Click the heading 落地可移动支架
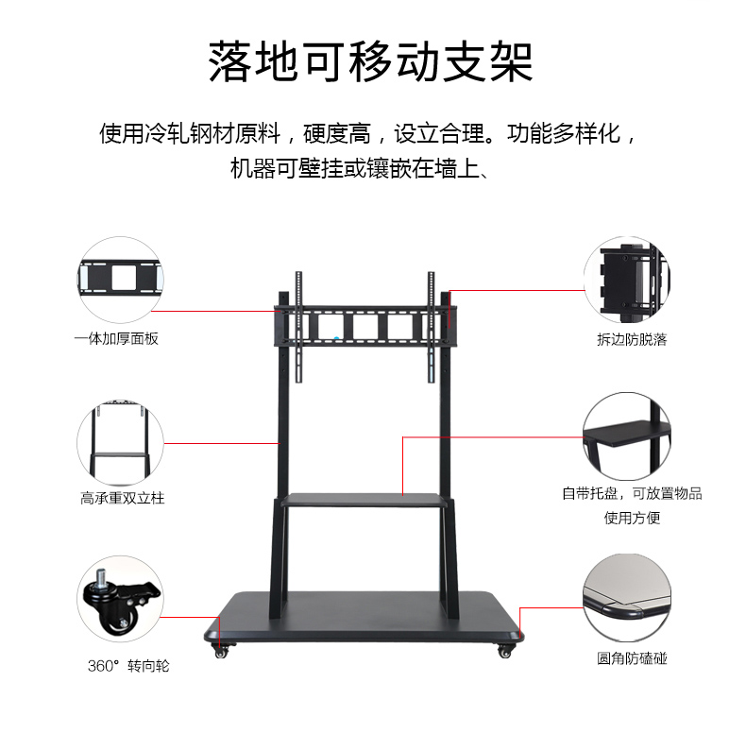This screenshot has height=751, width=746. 371,62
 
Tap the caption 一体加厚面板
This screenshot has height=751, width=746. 116,338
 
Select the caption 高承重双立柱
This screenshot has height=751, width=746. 122,497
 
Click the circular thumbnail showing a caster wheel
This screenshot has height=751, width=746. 120,598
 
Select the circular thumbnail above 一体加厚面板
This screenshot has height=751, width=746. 120,279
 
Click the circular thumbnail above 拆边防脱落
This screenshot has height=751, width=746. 626,279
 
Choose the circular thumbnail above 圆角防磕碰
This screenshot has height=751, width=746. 626,598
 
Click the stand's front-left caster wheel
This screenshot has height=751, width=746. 222,652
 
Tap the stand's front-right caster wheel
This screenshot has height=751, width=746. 504,651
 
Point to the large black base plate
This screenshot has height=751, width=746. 364,614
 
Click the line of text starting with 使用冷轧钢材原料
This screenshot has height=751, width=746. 371,133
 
